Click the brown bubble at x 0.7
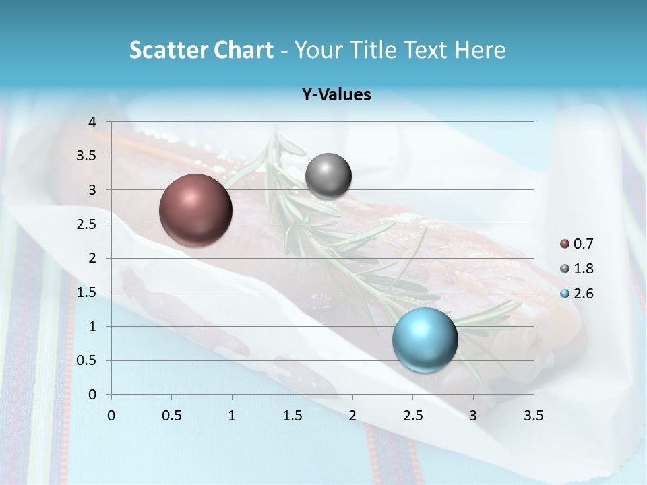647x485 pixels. coord(196,210)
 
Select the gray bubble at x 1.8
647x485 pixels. coord(328,176)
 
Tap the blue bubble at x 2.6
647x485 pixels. coord(425,339)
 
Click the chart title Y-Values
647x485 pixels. coord(336,95)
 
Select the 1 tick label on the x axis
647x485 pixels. coord(232,416)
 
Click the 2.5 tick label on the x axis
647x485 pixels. coord(412,416)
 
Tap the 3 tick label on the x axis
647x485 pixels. coord(473,416)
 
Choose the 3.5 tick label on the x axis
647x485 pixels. coord(533,416)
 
